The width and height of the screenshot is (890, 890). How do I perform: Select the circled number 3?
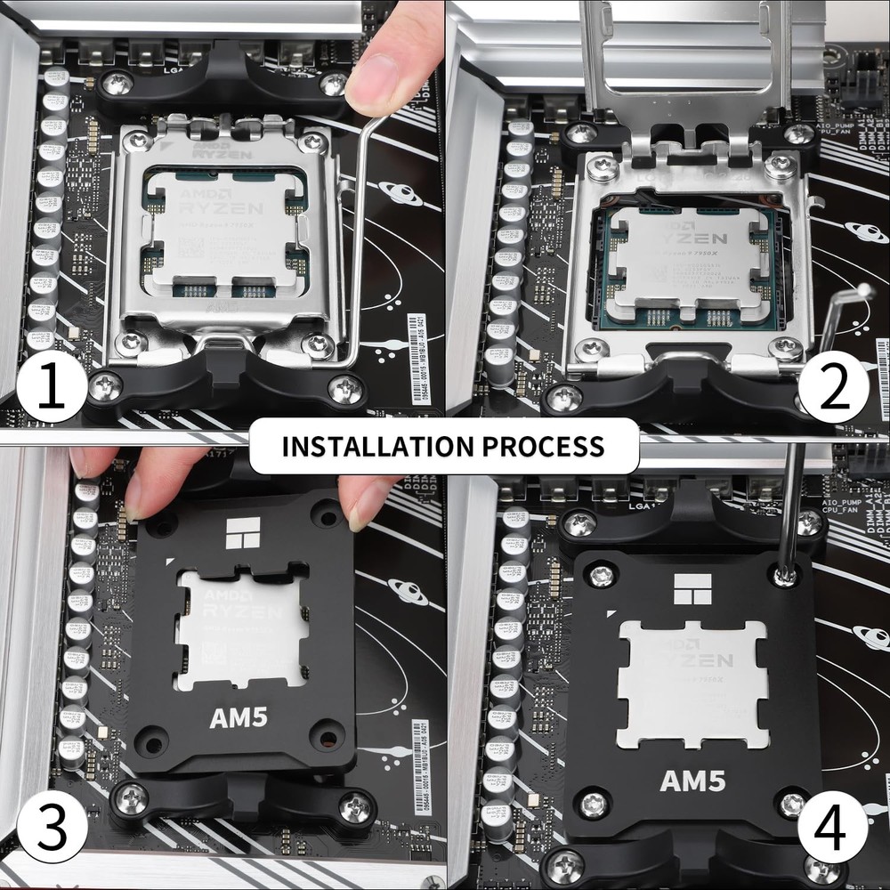pyautogui.click(x=51, y=829)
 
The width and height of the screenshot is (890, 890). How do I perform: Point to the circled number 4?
pyautogui.click(x=834, y=829)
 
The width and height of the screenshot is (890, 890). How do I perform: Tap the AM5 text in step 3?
pyautogui.click(x=239, y=718)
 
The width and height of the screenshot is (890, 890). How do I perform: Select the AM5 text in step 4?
pyautogui.click(x=692, y=781)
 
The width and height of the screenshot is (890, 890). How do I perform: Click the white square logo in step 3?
pyautogui.click(x=243, y=533)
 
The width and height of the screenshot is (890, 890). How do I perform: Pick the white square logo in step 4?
pyautogui.click(x=692, y=589)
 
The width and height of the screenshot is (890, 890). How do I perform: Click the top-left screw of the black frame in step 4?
pyautogui.click(x=601, y=576)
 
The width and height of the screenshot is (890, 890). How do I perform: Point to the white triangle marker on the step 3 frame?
pyautogui.click(x=168, y=562)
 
